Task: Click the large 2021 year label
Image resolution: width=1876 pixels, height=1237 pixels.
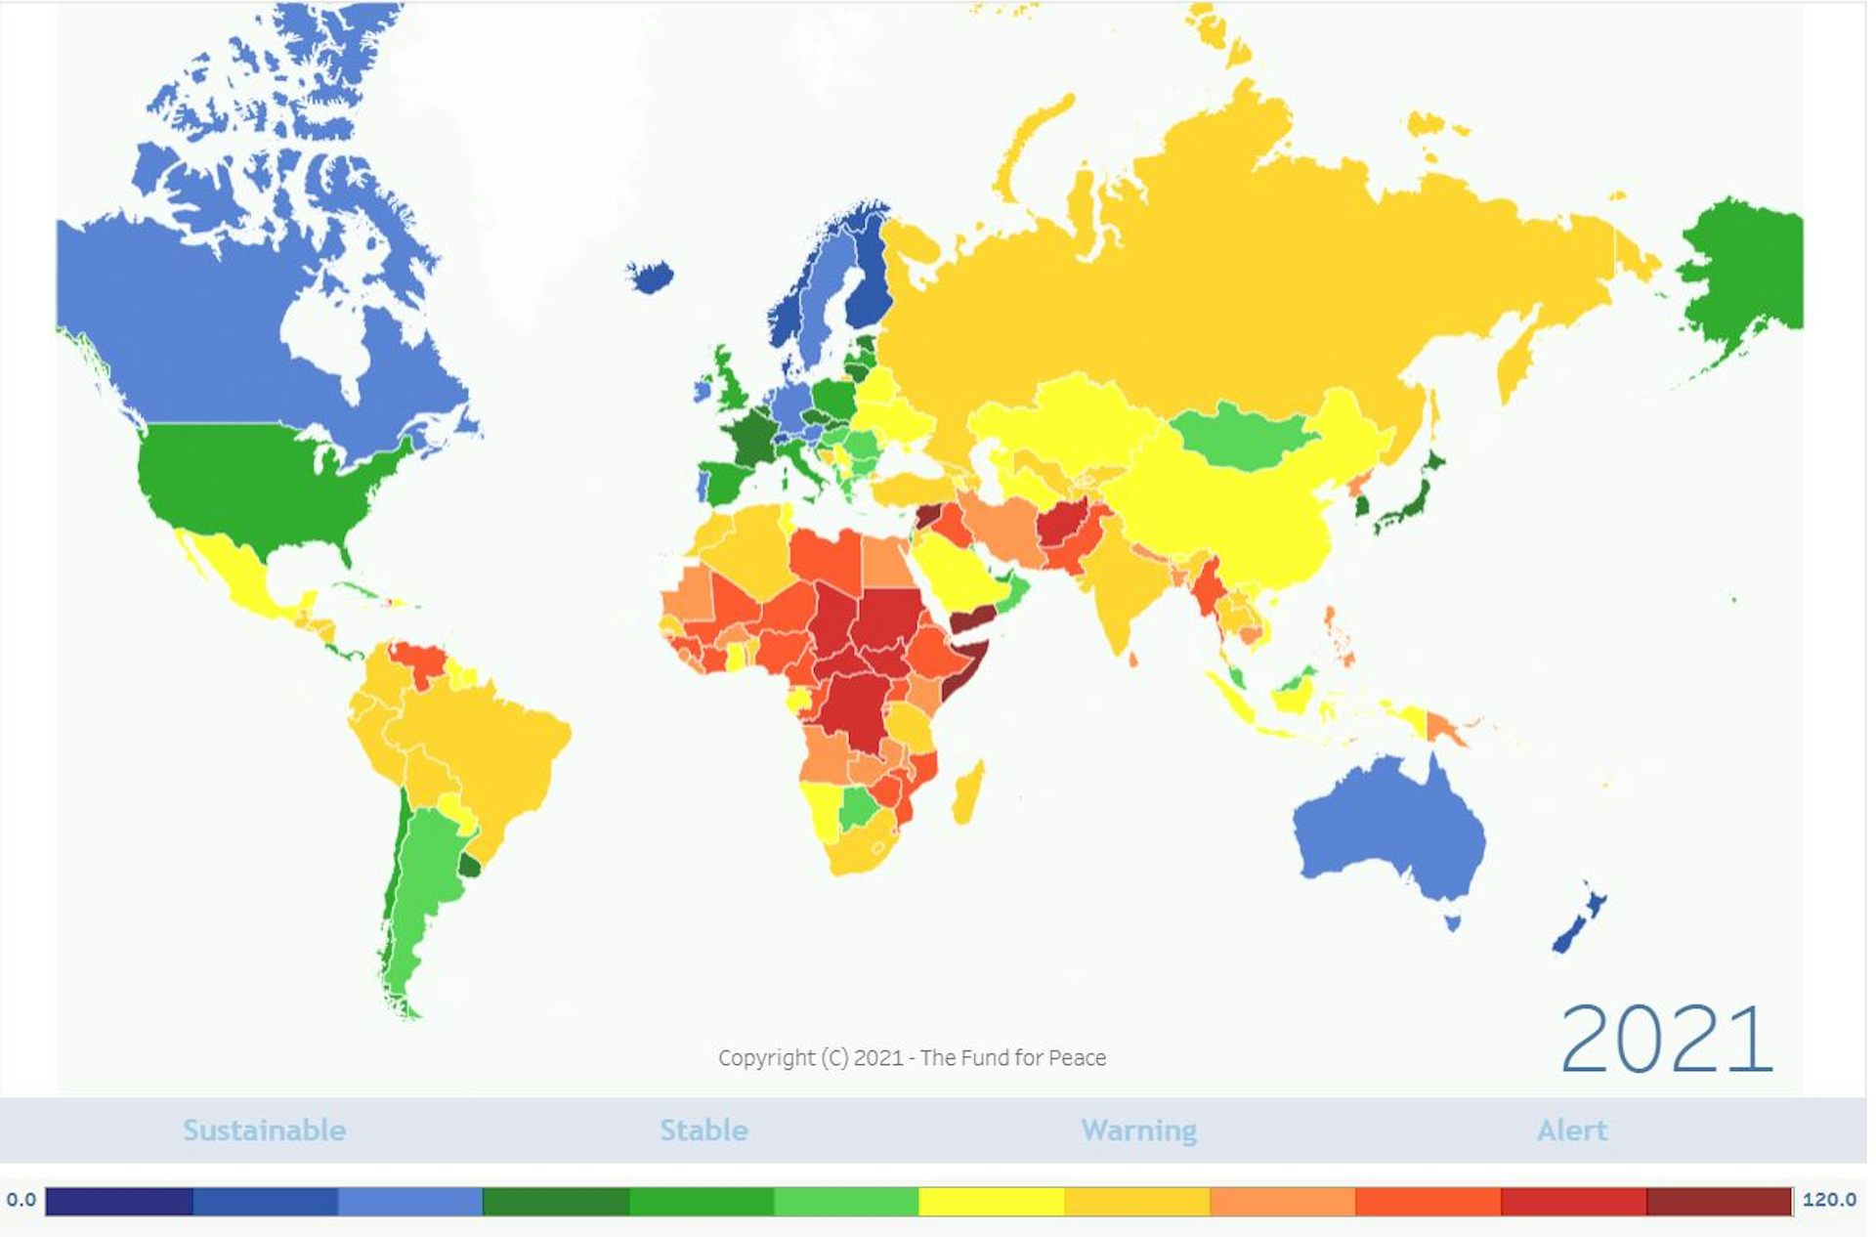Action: pos(1666,1040)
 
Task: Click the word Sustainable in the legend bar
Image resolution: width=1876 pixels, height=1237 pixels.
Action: pos(265,1130)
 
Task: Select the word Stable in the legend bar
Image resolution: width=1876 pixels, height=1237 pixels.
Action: pos(703,1130)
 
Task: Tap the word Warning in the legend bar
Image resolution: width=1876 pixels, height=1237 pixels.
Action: pos(1138,1130)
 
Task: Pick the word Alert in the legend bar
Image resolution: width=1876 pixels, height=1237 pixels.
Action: pos(1571,1130)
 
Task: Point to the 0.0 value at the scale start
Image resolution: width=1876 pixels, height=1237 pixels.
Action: pos(21,1200)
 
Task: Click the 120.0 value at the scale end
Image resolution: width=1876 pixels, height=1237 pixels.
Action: pos(1829,1200)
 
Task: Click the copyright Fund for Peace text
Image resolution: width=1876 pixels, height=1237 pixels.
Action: pos(912,1058)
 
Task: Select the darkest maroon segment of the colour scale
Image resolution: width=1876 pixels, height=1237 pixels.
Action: pos(1719,1201)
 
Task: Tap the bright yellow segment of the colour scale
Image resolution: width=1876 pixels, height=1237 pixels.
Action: pos(991,1201)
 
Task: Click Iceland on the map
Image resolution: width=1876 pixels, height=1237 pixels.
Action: pos(650,276)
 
